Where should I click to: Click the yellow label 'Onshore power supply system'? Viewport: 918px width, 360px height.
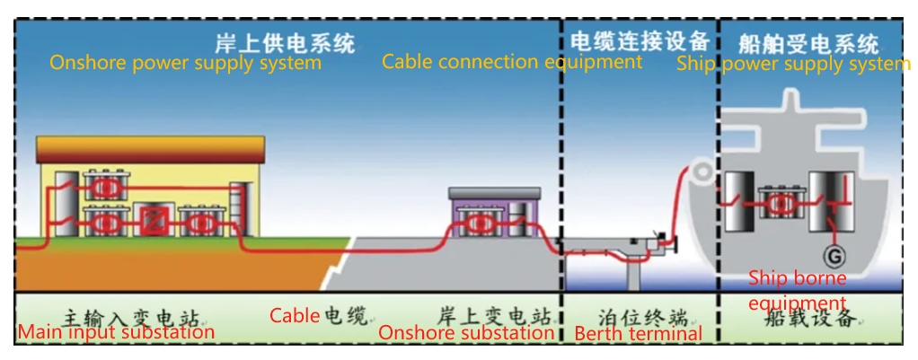tap(185, 64)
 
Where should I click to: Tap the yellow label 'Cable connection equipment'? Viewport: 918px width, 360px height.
tap(511, 62)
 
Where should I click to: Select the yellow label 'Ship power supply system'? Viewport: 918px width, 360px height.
tap(793, 64)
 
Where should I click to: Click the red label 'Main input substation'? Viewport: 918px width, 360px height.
tap(116, 332)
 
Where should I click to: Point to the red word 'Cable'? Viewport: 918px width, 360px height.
tap(295, 315)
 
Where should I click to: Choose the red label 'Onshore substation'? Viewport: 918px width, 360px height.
tap(465, 333)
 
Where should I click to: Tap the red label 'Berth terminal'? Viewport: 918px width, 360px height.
tap(638, 334)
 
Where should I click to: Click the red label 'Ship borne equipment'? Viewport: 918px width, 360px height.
tap(797, 290)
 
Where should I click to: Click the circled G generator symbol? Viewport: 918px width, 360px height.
tap(834, 256)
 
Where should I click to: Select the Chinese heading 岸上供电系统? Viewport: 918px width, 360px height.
tap(285, 42)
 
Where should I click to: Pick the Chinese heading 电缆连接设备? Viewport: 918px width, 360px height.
tap(640, 41)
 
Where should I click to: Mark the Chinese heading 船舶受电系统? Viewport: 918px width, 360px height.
tap(808, 42)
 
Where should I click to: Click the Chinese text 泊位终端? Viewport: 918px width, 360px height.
tap(639, 316)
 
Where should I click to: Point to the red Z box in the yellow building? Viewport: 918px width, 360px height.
tap(150, 220)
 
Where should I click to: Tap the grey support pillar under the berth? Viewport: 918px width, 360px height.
tap(635, 270)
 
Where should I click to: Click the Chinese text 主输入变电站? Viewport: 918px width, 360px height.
tap(131, 316)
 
